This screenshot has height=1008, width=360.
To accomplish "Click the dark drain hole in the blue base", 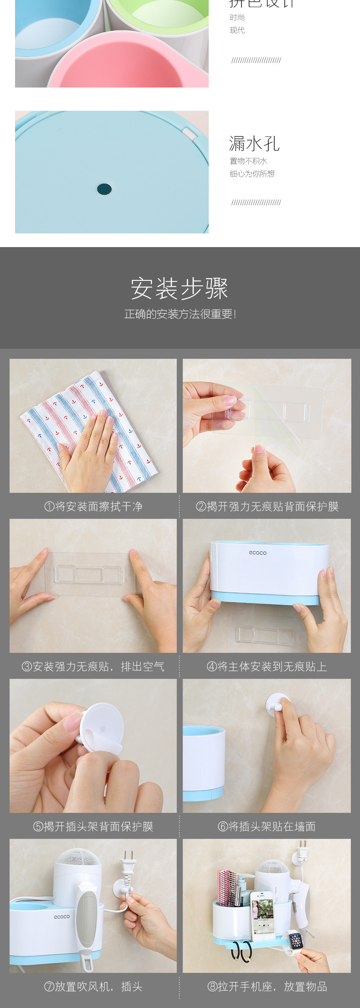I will (104, 189).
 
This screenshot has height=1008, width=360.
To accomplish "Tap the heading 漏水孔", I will (254, 144).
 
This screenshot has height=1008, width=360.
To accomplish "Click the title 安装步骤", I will (180, 288).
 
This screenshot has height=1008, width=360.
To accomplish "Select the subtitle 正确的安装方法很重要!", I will (180, 314).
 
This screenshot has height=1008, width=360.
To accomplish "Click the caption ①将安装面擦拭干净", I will (93, 507).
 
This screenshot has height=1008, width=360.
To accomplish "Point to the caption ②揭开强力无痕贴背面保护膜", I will (267, 507).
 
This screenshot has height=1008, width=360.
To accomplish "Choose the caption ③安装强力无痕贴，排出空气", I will (93, 667).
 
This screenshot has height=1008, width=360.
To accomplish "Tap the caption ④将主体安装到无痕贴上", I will (267, 667).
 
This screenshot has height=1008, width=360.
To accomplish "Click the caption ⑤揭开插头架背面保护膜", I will (93, 827).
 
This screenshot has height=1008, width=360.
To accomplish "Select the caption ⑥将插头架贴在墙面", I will (267, 827).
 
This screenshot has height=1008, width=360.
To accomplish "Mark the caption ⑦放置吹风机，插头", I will (93, 987).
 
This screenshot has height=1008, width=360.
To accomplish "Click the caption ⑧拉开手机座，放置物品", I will (267, 987).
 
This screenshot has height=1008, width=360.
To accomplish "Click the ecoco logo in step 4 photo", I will (257, 553).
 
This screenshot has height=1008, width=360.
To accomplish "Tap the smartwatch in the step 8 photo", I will (296, 941).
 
